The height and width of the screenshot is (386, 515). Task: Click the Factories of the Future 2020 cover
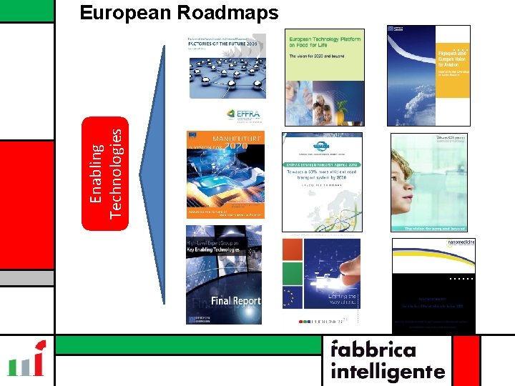(x=227, y=66)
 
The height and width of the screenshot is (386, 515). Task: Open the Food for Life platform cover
(x=324, y=77)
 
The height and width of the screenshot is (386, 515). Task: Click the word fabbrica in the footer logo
(x=373, y=350)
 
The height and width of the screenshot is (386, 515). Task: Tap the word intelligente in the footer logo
(x=387, y=372)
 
